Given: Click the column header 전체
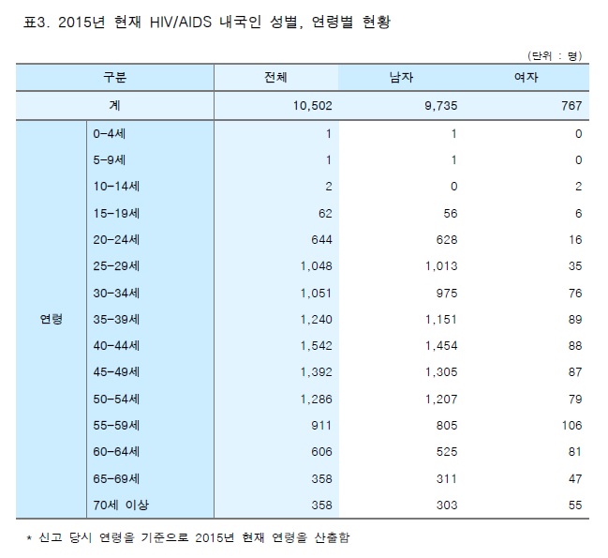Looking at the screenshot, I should pyautogui.click(x=276, y=78).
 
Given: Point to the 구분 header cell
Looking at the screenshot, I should pyautogui.click(x=116, y=78).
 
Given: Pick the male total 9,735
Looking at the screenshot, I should pyautogui.click(x=439, y=106).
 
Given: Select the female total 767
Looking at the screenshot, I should pyautogui.click(x=571, y=106).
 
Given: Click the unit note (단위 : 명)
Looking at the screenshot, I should pyautogui.click(x=556, y=54).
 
